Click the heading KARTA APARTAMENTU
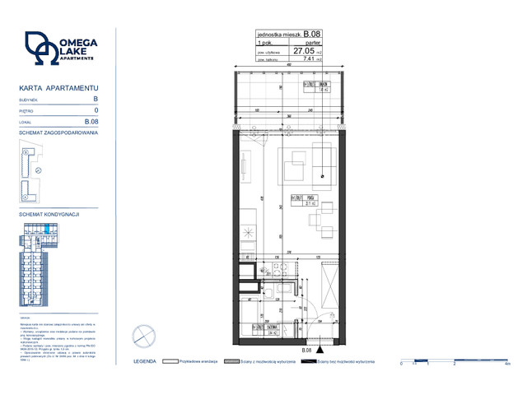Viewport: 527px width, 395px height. (58, 87)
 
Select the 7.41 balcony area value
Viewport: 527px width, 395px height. (310, 58)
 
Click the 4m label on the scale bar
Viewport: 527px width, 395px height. (507, 364)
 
